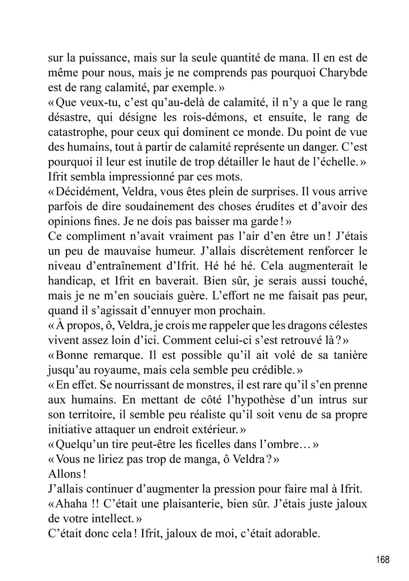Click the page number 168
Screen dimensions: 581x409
coord(382,560)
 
